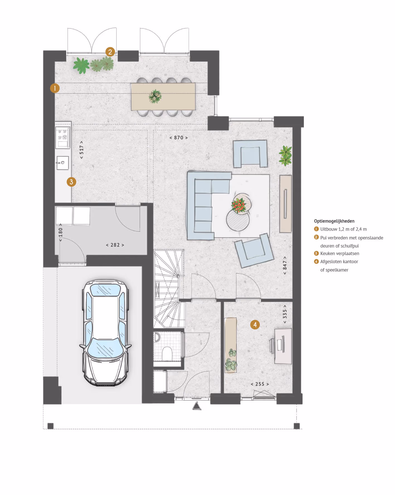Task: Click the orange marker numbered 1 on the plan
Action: [x=55, y=88]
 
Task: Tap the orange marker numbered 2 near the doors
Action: [x=110, y=52]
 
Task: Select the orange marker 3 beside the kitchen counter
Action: [x=71, y=182]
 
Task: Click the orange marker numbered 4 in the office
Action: [x=255, y=325]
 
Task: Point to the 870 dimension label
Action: [x=179, y=138]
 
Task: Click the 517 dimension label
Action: [x=81, y=150]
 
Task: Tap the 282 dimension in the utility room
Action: [x=115, y=245]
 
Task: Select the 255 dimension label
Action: [x=260, y=384]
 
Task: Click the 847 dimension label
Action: [x=285, y=265]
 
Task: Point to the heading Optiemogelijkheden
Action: [x=334, y=221]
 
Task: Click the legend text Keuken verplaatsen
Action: [x=340, y=253]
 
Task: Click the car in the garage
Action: [x=106, y=333]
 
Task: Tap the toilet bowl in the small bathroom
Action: [x=167, y=353]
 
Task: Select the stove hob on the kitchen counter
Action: [x=63, y=137]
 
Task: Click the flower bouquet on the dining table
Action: [x=155, y=96]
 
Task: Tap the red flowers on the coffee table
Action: [x=239, y=206]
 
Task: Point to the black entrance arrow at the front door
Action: [x=197, y=406]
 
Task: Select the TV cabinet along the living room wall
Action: [x=285, y=204]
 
